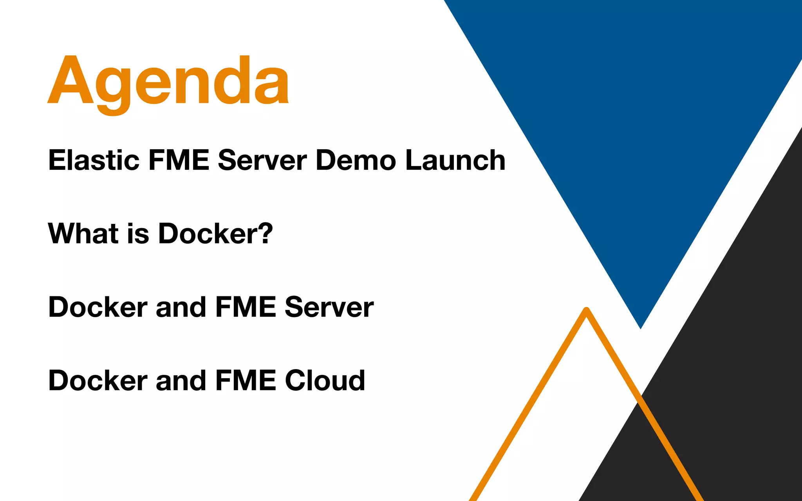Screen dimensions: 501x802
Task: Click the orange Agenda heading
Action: (168, 82)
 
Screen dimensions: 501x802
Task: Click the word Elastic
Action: (94, 160)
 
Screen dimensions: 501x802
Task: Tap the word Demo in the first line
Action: (356, 160)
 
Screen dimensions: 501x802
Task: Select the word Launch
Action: (455, 160)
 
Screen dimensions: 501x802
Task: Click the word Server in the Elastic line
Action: (262, 160)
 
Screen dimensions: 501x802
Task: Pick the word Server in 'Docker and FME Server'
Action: (329, 307)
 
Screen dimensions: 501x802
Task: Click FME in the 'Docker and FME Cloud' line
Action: (246, 380)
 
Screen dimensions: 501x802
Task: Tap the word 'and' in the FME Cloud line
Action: (181, 380)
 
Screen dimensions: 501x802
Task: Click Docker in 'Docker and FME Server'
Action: (98, 307)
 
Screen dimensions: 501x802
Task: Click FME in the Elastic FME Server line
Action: (179, 160)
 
